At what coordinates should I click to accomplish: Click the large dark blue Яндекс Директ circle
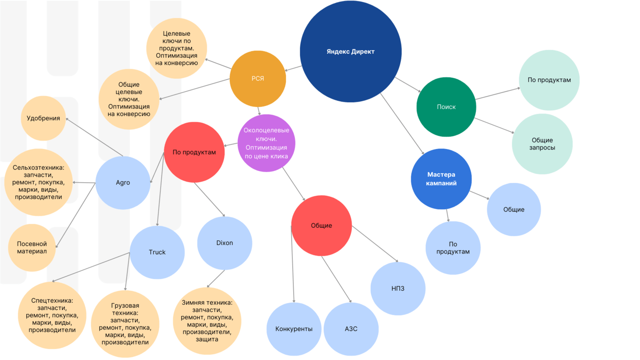[x=351, y=52]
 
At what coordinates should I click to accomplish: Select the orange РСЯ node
[x=257, y=79]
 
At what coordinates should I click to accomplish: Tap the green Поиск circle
[x=446, y=107]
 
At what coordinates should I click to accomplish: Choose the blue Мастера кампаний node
[x=441, y=179]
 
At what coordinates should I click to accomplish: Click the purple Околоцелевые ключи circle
[x=266, y=143]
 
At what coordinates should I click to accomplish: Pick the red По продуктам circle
[x=194, y=153]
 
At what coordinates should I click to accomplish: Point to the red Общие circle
[x=321, y=226]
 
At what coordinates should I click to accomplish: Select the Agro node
[x=123, y=183]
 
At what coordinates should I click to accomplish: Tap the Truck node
[x=157, y=252]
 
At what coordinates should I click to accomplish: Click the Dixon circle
[x=224, y=243]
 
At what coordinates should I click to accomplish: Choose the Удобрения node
[x=43, y=118]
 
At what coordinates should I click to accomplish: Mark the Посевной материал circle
[x=32, y=248]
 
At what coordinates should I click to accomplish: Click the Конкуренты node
[x=294, y=329]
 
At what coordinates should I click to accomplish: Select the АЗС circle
[x=351, y=329]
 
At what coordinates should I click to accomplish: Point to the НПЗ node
[x=398, y=288]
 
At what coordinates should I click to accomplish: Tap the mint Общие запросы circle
[x=542, y=144]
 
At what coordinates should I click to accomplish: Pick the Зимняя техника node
[x=207, y=321]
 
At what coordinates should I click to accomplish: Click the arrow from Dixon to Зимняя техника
[x=216, y=279]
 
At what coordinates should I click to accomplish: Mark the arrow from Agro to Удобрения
[x=95, y=137]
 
